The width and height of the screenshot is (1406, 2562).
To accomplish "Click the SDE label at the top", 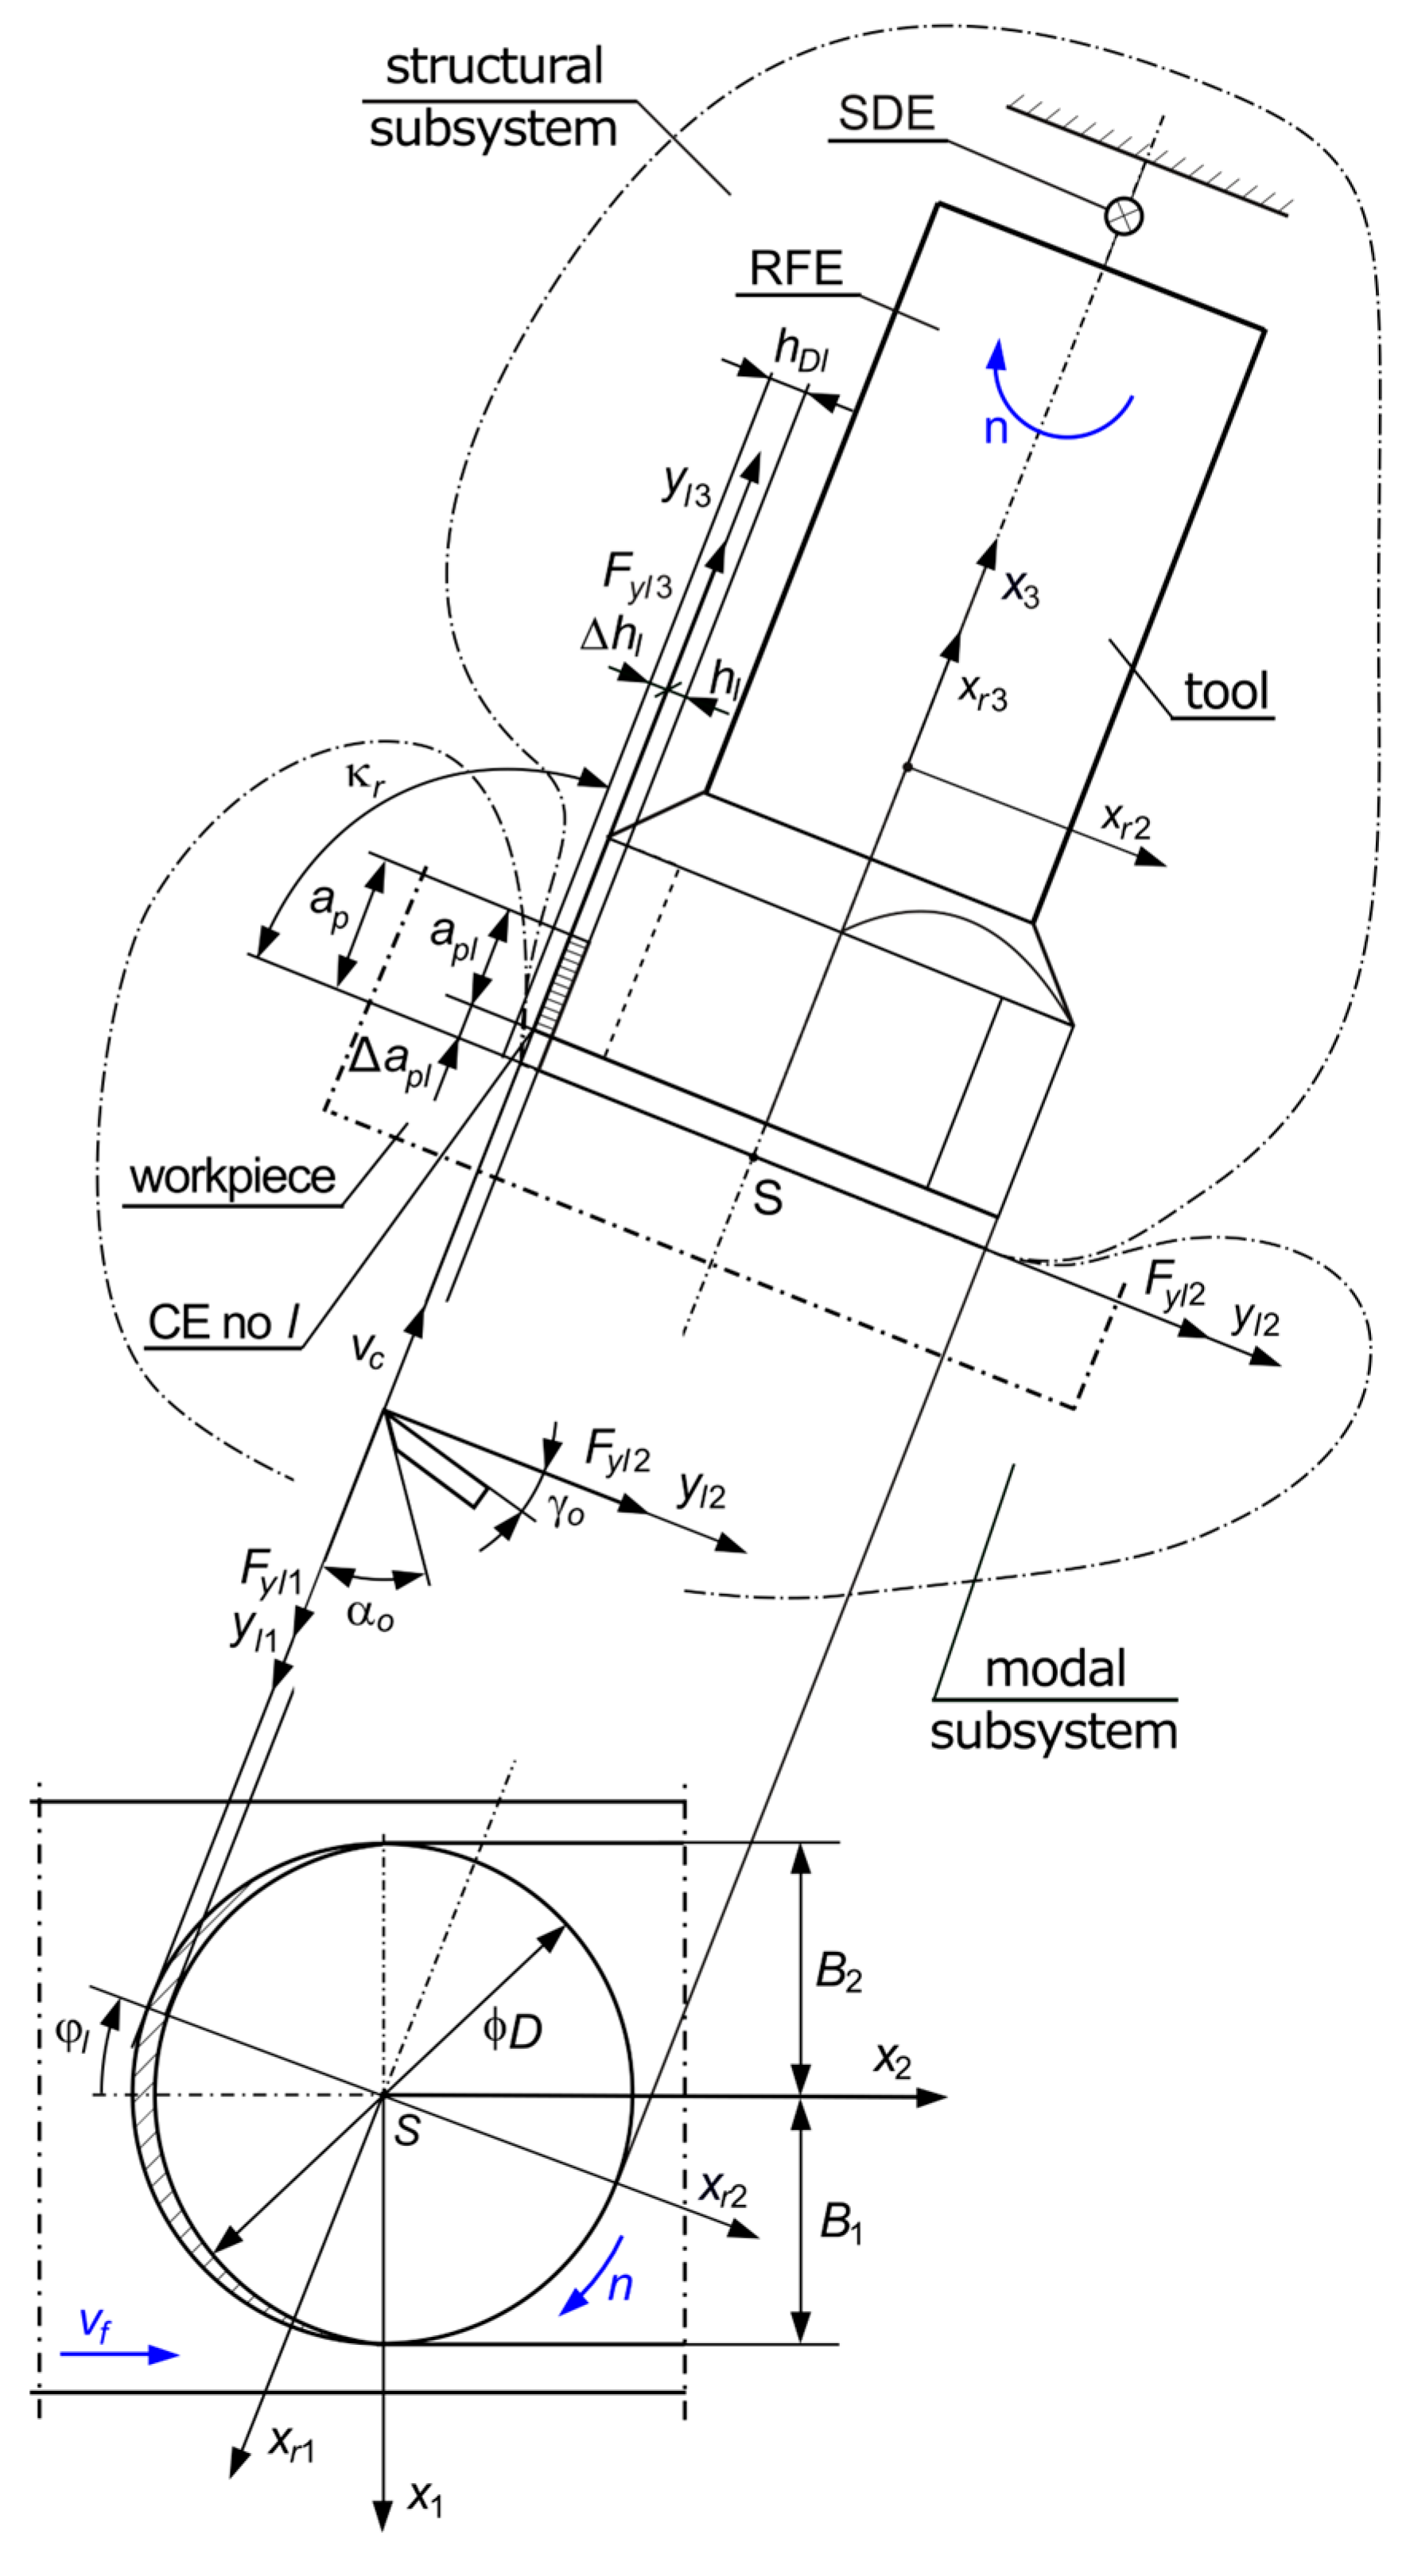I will pos(886,114).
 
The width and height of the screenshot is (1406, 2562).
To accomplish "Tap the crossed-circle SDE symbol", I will pos(1124,215).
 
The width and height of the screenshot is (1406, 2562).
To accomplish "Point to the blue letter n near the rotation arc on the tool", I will pos(996,429).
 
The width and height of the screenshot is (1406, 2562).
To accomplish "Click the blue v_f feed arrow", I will pos(119,2354).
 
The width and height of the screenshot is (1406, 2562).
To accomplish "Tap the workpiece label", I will pos(233,1177).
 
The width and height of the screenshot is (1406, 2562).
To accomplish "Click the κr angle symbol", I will pos(365,777).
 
